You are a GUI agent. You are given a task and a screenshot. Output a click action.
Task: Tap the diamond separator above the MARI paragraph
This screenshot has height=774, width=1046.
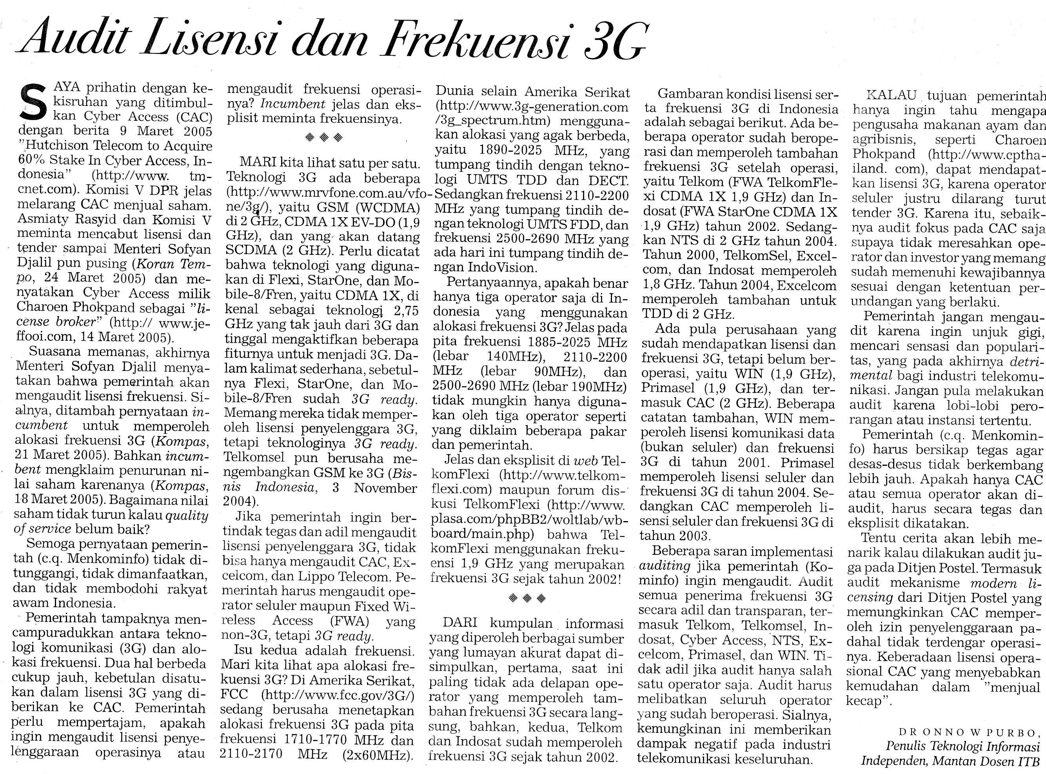tap(323, 137)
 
